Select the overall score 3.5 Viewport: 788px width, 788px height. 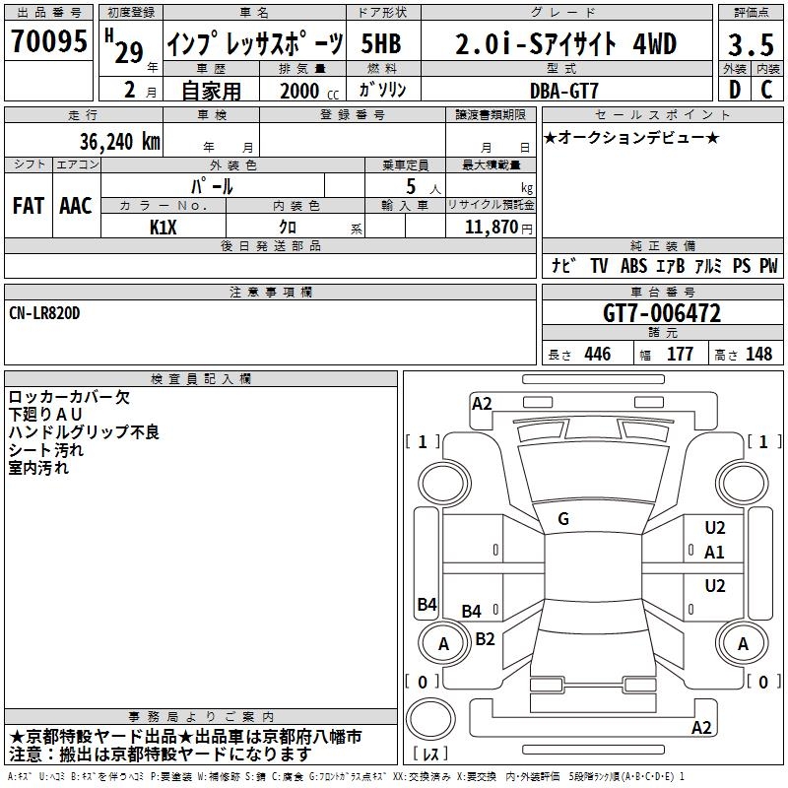[x=750, y=45]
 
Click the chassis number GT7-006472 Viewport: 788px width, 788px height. [x=661, y=313]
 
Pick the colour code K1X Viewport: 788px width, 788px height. [x=164, y=228]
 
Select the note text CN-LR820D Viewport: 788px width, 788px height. [x=44, y=312]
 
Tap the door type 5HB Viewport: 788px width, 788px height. [x=380, y=44]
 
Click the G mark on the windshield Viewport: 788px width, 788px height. [x=562, y=519]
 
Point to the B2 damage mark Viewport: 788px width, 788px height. [x=485, y=638]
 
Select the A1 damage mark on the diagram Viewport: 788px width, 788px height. [x=714, y=553]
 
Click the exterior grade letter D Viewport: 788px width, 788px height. [x=734, y=90]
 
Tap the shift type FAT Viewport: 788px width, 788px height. [x=28, y=206]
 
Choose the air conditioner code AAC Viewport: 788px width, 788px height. [x=76, y=206]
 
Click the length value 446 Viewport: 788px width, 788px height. [x=597, y=355]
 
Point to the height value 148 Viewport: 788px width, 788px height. [x=759, y=355]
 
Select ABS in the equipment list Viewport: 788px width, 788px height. [x=634, y=266]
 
